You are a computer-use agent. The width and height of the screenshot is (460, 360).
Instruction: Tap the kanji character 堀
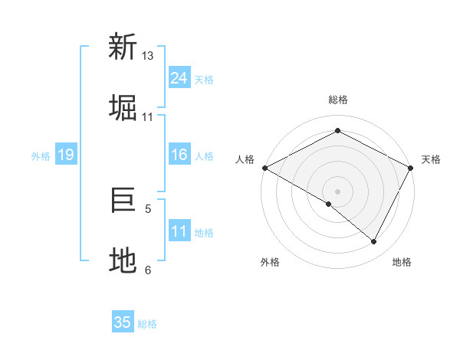point(123,107)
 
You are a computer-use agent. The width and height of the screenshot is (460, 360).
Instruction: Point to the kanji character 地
point(123,260)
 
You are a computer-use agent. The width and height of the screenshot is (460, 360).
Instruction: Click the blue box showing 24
point(179,78)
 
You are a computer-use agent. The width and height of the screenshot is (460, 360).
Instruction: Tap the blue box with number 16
point(179,155)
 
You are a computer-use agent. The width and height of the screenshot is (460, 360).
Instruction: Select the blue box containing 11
point(179,231)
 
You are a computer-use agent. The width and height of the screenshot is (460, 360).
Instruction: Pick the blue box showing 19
point(66,155)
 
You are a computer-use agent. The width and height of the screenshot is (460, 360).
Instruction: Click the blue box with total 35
point(123,322)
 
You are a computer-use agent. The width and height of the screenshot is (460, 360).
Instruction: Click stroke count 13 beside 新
point(148,56)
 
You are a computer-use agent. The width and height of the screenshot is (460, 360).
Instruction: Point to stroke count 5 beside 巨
point(148,208)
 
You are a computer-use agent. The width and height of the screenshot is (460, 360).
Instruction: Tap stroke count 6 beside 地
point(148,270)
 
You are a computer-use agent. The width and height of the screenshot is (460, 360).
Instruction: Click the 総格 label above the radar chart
point(338,100)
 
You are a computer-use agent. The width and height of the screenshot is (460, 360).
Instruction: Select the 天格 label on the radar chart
point(431,159)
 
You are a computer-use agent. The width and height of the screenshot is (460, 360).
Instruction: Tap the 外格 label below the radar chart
point(270,262)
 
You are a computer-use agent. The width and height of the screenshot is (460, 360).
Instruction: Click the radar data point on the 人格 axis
point(264,168)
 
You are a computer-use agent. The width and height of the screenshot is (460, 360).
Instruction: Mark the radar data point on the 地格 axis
point(374,241)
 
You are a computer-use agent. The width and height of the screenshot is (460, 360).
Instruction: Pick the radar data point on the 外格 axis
point(329,204)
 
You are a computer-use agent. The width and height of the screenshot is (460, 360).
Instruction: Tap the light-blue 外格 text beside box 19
point(41,155)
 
